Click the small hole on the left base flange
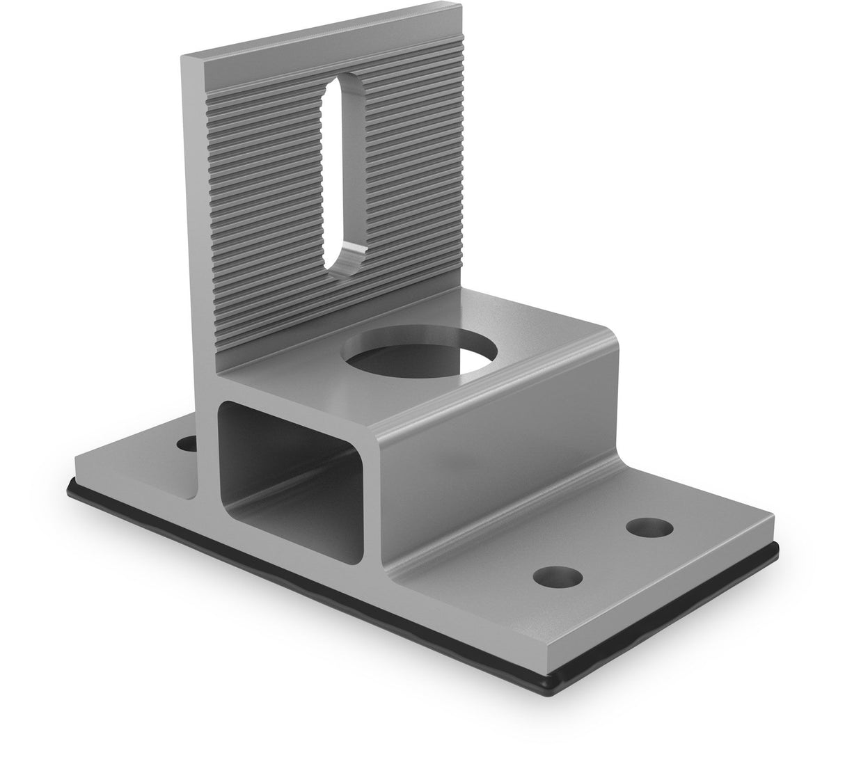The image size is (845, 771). click(x=186, y=442)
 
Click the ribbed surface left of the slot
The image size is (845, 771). click(x=264, y=209)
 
